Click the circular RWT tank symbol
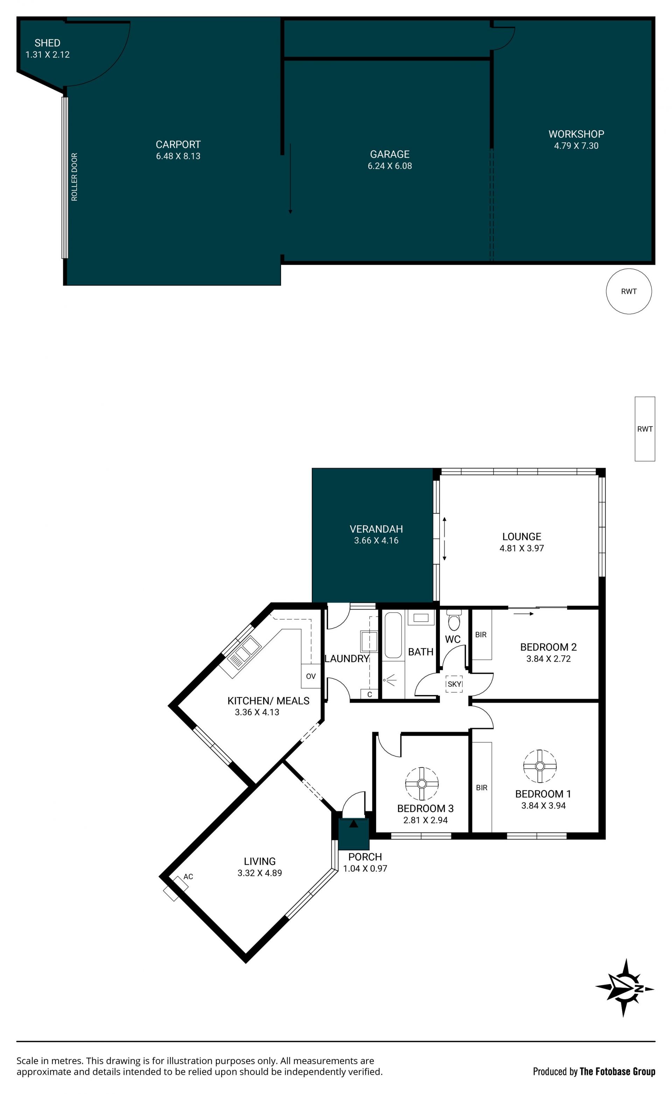point(629,291)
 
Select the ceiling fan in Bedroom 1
point(540,766)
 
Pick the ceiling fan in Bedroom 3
point(422,784)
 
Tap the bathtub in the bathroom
point(393,635)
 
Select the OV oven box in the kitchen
point(311,676)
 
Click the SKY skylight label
point(454,684)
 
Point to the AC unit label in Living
point(188,877)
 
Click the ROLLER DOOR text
point(74,177)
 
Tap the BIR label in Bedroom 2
point(481,635)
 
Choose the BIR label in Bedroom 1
point(482,788)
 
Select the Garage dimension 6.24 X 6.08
point(390,166)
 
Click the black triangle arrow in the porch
point(353,824)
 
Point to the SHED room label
point(48,43)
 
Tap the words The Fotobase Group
point(617,1072)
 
